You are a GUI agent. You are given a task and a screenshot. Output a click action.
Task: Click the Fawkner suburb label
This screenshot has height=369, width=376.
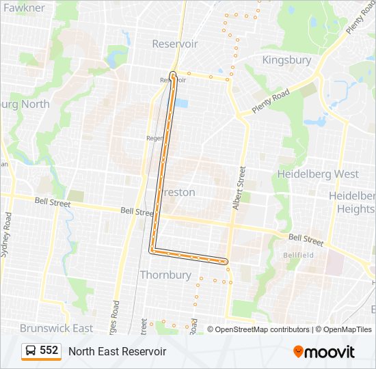(25, 8)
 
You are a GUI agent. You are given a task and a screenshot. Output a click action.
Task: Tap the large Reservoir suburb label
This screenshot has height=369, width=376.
(175, 44)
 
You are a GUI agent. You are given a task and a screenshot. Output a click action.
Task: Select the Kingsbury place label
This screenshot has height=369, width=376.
(286, 60)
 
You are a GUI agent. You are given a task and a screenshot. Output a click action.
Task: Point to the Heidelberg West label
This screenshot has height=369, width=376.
(318, 174)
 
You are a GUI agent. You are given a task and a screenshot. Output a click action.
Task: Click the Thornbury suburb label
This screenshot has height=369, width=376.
(165, 275)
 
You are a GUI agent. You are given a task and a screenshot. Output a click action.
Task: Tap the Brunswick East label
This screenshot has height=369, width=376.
(56, 328)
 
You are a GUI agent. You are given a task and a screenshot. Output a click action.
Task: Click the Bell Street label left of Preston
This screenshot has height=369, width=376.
(137, 212)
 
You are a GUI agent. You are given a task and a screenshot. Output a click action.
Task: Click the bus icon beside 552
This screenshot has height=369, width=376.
(31, 351)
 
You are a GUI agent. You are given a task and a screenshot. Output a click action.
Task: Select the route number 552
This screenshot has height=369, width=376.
(49, 351)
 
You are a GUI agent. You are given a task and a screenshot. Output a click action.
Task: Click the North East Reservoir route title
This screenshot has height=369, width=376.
(117, 351)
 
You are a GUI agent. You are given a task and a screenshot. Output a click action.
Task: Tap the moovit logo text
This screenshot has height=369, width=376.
(330, 352)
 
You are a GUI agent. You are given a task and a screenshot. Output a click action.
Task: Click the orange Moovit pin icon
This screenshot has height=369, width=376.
(298, 351)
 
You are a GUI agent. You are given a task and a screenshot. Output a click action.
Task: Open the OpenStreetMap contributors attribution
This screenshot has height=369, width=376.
(262, 329)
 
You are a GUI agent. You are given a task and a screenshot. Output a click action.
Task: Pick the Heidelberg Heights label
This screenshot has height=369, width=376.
(352, 202)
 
